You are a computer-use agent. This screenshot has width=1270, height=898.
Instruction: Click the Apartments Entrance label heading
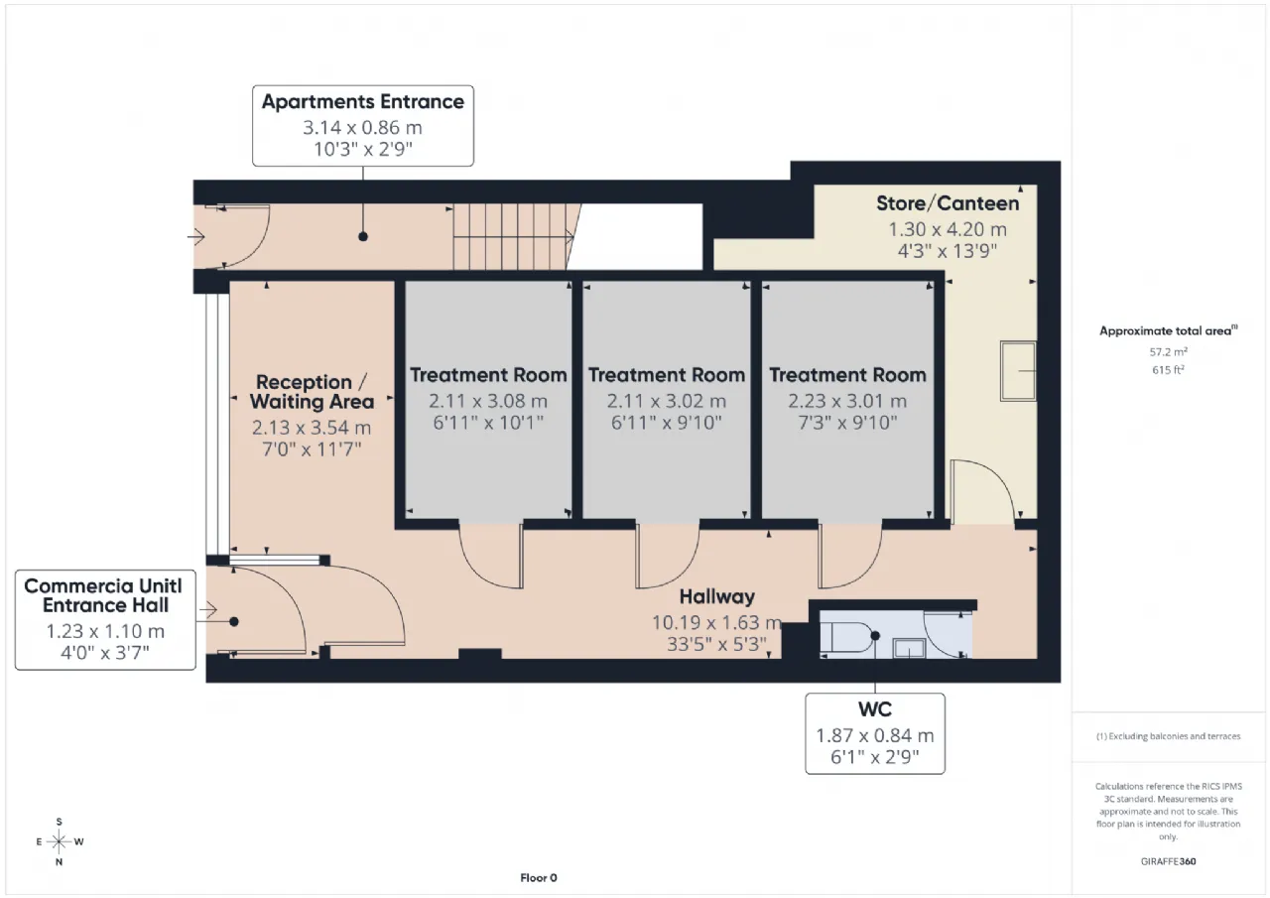pyautogui.click(x=363, y=102)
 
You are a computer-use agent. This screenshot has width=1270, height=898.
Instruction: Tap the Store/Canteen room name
pyautogui.click(x=948, y=203)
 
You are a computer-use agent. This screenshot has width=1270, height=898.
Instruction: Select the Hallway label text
pyautogui.click(x=717, y=596)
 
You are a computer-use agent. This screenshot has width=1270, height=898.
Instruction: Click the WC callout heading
pyautogui.click(x=875, y=709)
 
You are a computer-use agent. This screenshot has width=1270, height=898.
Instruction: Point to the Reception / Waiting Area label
pyautogui.click(x=312, y=392)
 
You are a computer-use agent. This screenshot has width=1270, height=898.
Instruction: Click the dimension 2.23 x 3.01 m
pyautogui.click(x=847, y=402)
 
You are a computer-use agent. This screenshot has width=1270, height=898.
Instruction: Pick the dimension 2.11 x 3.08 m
pyautogui.click(x=488, y=402)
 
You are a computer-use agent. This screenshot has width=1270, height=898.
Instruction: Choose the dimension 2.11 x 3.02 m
pyautogui.click(x=666, y=402)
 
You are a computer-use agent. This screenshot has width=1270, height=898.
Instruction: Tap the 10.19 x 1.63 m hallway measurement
pyautogui.click(x=717, y=622)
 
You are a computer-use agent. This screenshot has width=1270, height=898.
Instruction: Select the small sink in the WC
pyautogui.click(x=910, y=648)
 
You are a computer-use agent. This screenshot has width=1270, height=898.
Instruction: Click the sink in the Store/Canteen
pyautogui.click(x=1018, y=371)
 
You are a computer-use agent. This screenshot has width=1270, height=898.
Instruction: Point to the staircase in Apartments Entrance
pyautogui.click(x=513, y=236)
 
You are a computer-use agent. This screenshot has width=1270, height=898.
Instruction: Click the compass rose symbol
pyautogui.click(x=59, y=841)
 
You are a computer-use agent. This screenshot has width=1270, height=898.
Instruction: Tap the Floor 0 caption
pyautogui.click(x=539, y=877)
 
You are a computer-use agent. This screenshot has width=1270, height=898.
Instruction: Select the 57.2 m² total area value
pyautogui.click(x=1168, y=352)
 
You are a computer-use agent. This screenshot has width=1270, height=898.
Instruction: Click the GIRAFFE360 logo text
pyautogui.click(x=1168, y=861)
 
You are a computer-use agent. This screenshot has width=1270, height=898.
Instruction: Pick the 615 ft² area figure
pyautogui.click(x=1168, y=370)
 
